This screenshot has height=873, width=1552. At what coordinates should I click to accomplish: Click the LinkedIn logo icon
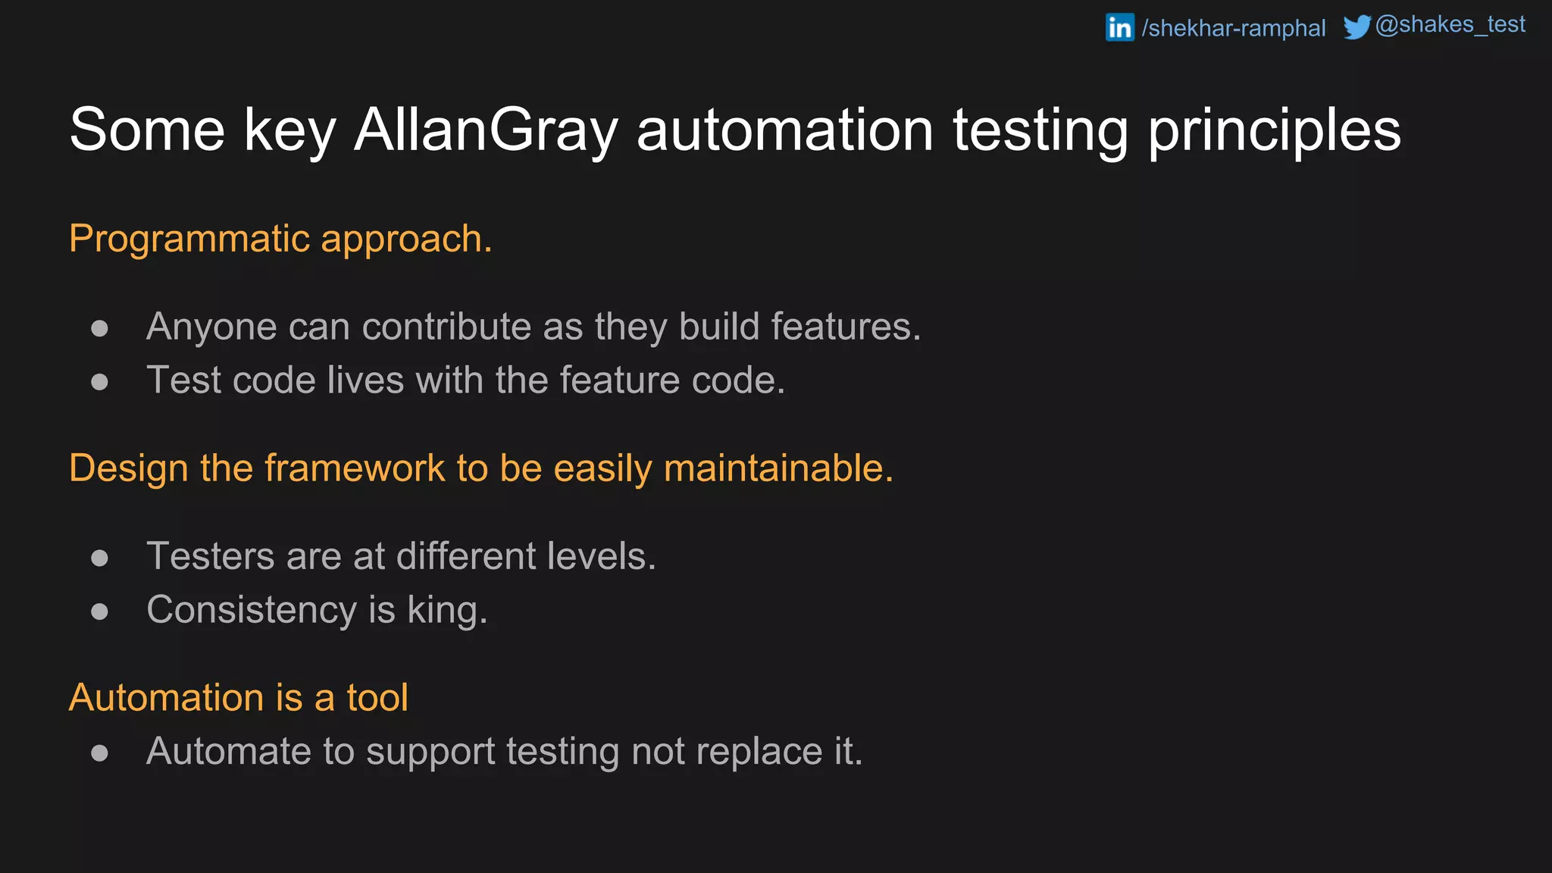coord(1119,27)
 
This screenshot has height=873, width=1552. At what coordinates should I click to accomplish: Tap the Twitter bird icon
coord(1356,27)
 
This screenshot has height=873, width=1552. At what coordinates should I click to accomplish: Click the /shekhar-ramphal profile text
coord(1234,29)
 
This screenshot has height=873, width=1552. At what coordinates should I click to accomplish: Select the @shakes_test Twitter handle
coord(1450,25)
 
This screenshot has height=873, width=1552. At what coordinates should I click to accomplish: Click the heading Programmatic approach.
coord(280,239)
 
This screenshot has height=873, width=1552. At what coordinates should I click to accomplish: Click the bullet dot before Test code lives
coord(99,381)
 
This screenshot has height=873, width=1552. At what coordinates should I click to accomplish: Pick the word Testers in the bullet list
coord(210,556)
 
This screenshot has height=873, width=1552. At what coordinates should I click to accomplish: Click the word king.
coord(447,611)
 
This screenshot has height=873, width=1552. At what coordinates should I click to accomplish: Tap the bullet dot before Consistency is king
coord(99,611)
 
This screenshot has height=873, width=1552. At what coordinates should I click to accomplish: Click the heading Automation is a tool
coord(238,698)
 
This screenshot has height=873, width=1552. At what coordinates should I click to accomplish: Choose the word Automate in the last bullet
coord(228,752)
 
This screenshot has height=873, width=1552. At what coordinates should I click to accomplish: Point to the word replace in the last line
coord(759,752)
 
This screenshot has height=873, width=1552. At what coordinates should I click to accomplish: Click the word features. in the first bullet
coord(845,327)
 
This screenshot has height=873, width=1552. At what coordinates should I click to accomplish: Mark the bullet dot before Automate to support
coord(99,753)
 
